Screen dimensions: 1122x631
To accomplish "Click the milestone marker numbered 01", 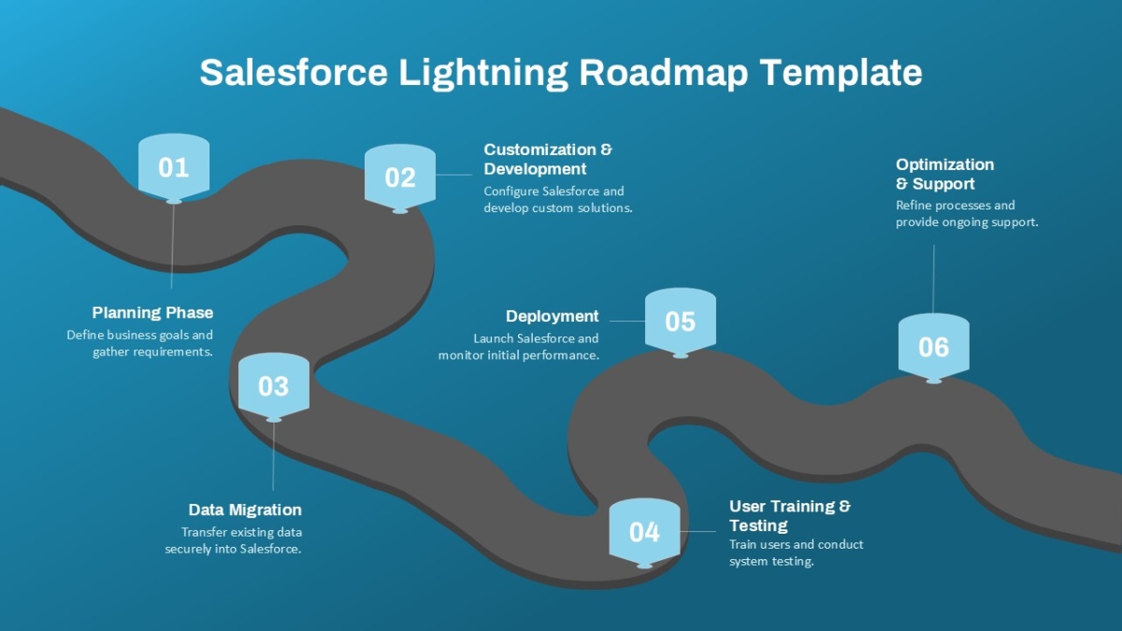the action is [x=174, y=167].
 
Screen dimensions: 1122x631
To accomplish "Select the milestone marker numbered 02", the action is [x=400, y=179].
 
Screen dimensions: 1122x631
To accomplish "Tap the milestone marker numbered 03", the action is [x=273, y=387].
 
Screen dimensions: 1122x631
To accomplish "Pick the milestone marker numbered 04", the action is [x=644, y=532].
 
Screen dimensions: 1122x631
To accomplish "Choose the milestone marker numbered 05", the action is [x=681, y=322].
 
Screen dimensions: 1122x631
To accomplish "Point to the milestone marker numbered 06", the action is [x=934, y=348].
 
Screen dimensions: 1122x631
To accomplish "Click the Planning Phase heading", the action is [x=152, y=313].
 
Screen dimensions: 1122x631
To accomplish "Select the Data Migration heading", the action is [x=245, y=509].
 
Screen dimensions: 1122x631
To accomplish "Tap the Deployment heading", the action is [x=552, y=317].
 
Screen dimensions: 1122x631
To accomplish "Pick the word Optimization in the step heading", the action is [x=945, y=165].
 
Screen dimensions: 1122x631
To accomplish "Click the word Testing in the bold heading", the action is [x=758, y=525].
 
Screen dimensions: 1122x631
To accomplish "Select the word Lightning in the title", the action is [x=483, y=73].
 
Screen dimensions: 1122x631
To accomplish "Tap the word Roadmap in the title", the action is [x=664, y=73].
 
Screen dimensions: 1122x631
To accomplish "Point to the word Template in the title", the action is [x=841, y=73].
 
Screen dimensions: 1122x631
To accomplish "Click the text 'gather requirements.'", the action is [x=152, y=352].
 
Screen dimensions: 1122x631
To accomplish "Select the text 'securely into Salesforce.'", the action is [x=233, y=549].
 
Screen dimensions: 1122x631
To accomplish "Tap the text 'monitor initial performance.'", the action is [x=519, y=355].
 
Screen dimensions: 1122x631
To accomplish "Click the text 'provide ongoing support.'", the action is [x=967, y=222].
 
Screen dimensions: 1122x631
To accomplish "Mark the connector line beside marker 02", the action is [x=453, y=175].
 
